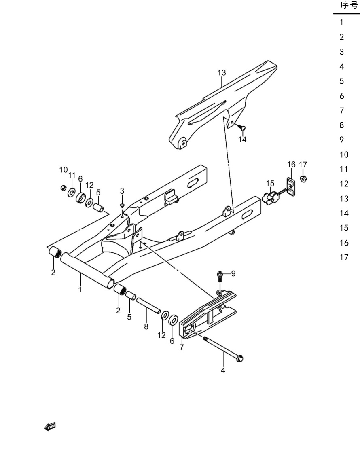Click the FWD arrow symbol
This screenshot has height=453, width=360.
pos(50,427)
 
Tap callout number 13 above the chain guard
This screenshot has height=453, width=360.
pos(222,72)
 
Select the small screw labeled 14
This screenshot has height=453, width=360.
pos(242,127)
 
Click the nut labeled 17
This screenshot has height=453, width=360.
pos(303,178)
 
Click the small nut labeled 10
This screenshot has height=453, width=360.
pos(63,188)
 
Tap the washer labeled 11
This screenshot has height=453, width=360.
pos(71,192)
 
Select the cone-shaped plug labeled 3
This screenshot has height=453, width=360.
pos(122,205)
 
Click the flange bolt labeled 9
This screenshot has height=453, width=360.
pos(220,277)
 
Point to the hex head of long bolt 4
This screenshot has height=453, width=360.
pos(240,358)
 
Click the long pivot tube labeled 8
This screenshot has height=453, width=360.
pos(148,306)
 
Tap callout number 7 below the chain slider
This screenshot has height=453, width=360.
pos(182,347)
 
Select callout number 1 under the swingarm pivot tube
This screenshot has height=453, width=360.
pos(80,290)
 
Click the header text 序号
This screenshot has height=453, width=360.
pos(349,5)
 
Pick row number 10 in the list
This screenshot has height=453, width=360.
pos(344,155)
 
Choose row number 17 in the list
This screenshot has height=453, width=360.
pos(344,257)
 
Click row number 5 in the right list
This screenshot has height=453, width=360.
pos(342,81)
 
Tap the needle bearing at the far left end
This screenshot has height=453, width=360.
pos(55,252)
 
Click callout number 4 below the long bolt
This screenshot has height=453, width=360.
pos(223,370)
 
